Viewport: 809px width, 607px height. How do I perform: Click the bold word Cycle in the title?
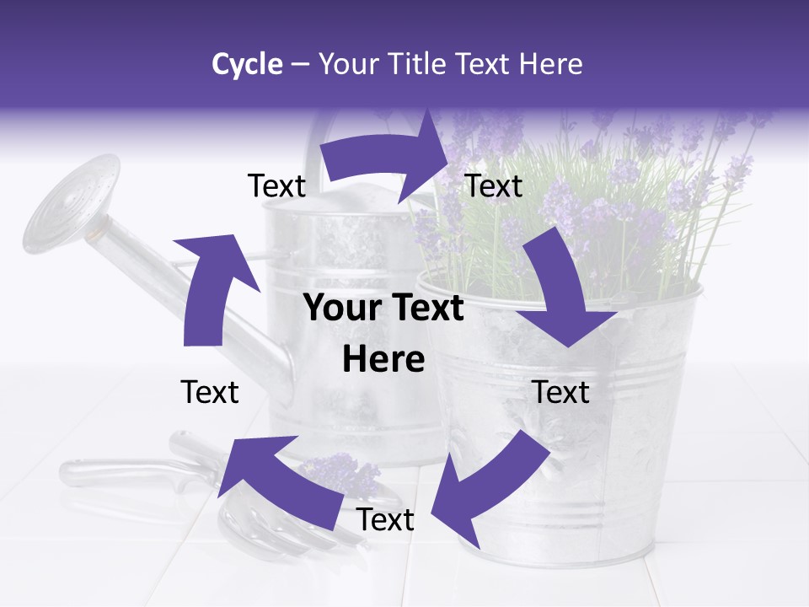click(x=247, y=64)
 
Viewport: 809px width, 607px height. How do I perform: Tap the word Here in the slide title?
click(x=552, y=64)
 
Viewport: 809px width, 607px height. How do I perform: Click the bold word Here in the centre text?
click(x=383, y=360)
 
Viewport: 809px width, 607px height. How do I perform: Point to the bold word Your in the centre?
click(x=336, y=309)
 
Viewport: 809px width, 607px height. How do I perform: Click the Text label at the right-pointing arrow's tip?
click(x=493, y=185)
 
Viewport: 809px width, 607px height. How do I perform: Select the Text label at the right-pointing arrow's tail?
click(x=276, y=185)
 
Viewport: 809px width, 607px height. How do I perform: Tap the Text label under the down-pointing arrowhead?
click(x=561, y=392)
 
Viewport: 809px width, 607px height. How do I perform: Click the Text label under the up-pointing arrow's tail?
click(x=210, y=392)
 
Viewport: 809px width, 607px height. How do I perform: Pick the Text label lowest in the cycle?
click(x=385, y=520)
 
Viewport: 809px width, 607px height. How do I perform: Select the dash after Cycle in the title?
click(x=300, y=64)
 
